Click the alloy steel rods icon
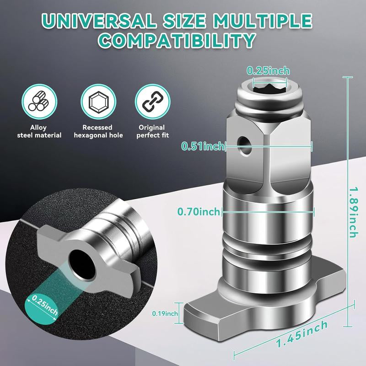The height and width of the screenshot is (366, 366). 39,102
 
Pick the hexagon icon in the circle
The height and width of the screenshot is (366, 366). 98,102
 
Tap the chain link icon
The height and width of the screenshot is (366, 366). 152,102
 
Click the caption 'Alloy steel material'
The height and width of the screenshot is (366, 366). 39,131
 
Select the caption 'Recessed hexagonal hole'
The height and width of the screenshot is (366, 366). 98,131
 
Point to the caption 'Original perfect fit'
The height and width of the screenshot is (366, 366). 152,131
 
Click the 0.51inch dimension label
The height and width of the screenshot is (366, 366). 203,146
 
